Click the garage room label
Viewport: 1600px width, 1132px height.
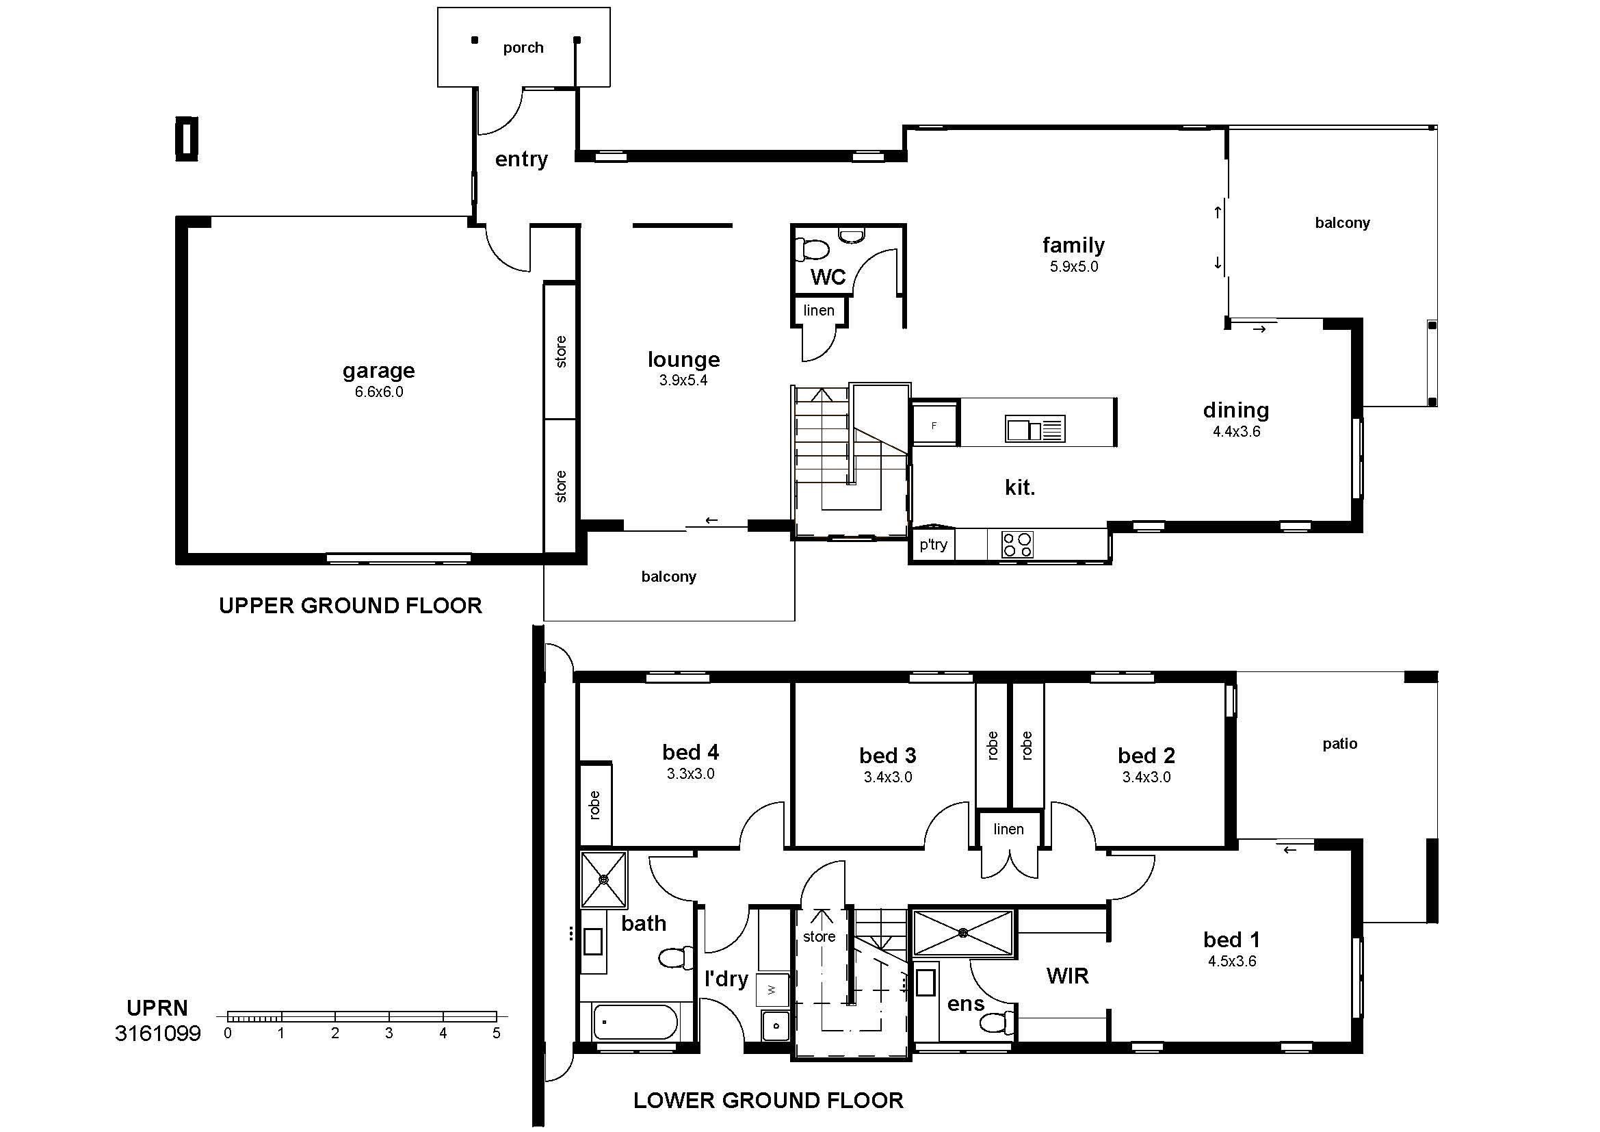[x=378, y=371]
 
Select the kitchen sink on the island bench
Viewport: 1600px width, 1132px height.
[x=1035, y=428]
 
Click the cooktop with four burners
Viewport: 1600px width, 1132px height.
[x=1017, y=544]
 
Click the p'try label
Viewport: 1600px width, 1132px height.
[x=933, y=544]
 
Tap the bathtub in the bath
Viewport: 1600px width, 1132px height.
[x=635, y=1022]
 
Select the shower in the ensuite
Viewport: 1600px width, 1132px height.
[x=962, y=933]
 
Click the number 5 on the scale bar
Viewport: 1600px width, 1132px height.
[x=496, y=1033]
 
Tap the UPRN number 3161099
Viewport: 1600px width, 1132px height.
[x=158, y=1033]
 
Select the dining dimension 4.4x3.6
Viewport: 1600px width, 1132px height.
[x=1236, y=431]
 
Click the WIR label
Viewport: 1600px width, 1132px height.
[x=1068, y=976]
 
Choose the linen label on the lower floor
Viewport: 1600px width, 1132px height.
[x=1008, y=829]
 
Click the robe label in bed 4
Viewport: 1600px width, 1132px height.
[x=594, y=805]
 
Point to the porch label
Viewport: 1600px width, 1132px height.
[x=523, y=48]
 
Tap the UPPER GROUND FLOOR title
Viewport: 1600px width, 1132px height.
[x=350, y=606]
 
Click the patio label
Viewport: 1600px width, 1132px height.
[x=1340, y=744]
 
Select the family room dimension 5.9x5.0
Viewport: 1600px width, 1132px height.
[x=1074, y=266]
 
